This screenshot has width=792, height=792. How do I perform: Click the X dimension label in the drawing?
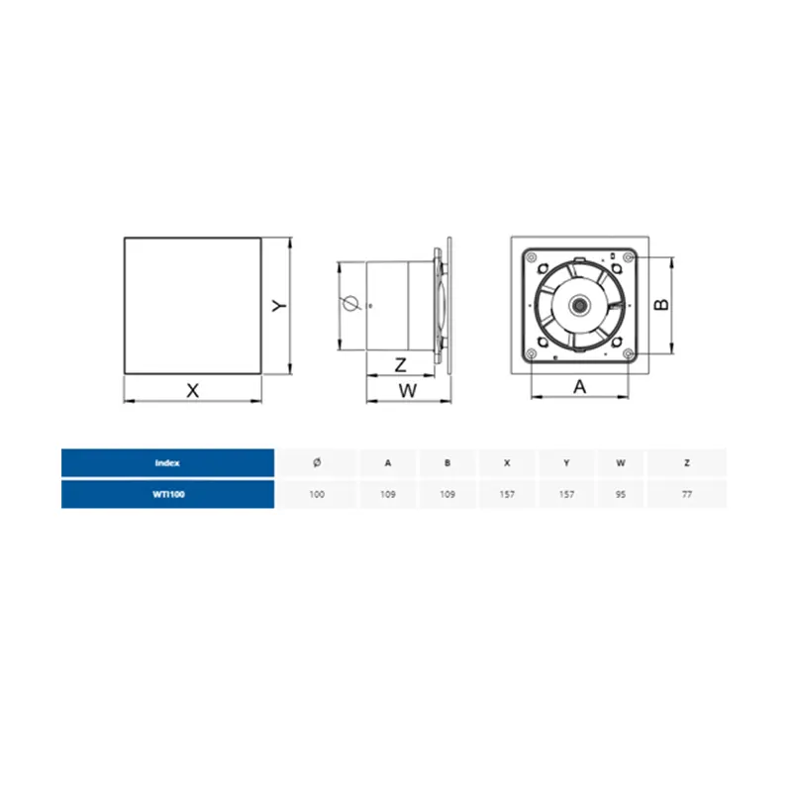point(192,390)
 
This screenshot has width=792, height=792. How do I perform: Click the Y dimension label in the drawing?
point(279,306)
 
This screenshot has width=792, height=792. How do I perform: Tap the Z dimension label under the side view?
point(401,364)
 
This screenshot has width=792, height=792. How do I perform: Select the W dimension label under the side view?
point(408,390)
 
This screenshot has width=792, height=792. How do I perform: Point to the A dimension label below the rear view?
point(579,387)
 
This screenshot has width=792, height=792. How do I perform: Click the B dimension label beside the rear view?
point(661,305)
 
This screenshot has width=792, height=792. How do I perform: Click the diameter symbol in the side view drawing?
point(349,304)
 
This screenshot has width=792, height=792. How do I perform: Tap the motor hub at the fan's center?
point(579,305)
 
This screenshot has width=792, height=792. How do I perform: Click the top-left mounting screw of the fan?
point(531,257)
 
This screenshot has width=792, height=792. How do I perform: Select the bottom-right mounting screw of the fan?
point(628,353)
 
